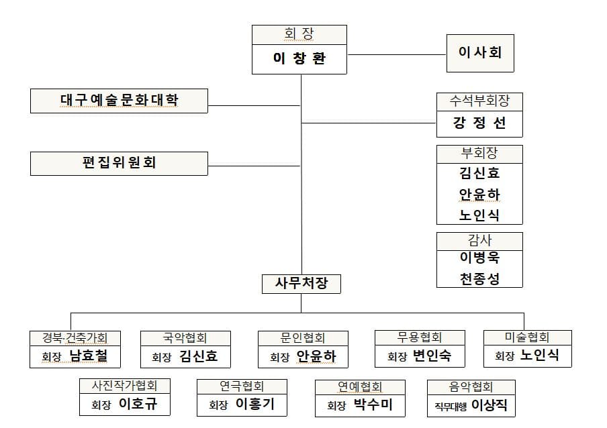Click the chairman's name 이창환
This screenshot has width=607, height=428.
[x=299, y=58]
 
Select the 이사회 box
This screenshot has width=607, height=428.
[x=480, y=52]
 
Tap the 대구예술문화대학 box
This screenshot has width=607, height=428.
[x=119, y=100]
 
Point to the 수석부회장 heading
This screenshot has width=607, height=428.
[x=479, y=101]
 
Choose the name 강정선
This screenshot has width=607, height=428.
[x=479, y=123]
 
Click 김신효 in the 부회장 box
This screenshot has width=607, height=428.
[x=479, y=173]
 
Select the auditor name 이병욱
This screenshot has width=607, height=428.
[x=479, y=258]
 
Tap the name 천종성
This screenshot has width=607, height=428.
[x=479, y=278]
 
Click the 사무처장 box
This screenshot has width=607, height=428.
[x=301, y=283]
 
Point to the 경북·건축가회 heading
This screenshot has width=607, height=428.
[x=75, y=337]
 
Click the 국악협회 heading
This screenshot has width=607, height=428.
[x=185, y=337]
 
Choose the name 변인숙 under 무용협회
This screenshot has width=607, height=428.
[x=432, y=356]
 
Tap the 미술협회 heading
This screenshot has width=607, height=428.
[x=527, y=337]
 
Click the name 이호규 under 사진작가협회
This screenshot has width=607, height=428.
[x=138, y=405]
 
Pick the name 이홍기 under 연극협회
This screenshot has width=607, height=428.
[x=255, y=405]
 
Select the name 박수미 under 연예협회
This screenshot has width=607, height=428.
[x=373, y=405]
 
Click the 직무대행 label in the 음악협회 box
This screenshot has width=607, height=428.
[x=451, y=405]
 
